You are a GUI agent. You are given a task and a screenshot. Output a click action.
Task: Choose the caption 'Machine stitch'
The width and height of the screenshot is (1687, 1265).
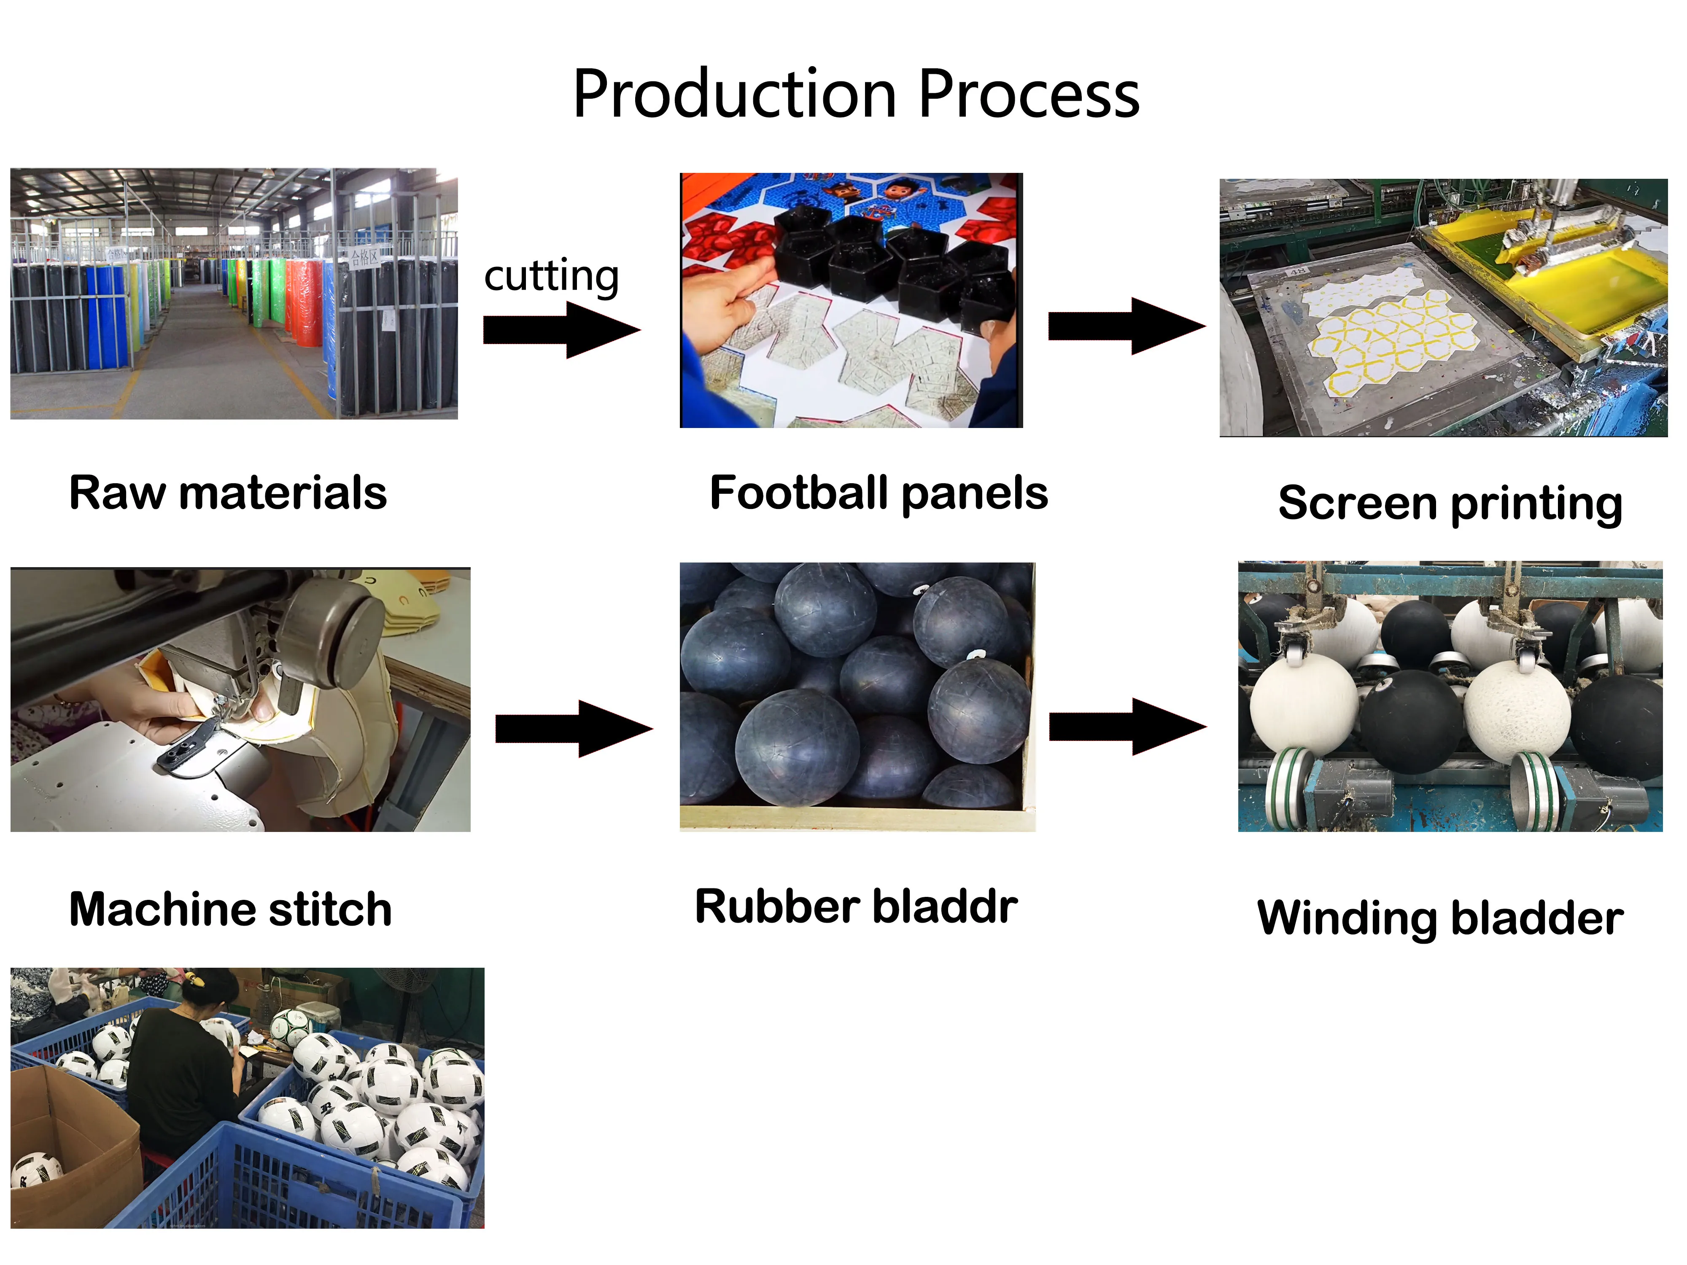(230, 909)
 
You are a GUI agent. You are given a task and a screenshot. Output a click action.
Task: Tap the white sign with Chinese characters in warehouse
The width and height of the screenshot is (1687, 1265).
(364, 256)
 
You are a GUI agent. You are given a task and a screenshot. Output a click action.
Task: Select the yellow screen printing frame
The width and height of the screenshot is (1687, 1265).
(1548, 275)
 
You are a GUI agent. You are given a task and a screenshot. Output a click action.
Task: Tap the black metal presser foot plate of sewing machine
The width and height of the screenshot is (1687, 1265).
(187, 747)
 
